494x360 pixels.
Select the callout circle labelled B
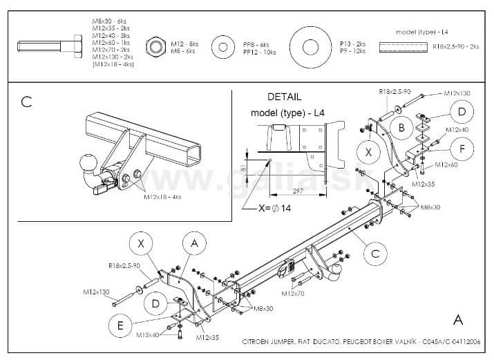tap(400, 126)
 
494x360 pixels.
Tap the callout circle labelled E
tap(122, 325)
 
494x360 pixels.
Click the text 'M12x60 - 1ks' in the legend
tap(111, 43)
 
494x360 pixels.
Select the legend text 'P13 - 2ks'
tap(351, 43)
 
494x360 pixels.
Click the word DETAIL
tap(284, 97)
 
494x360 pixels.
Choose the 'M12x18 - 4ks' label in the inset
tap(162, 197)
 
